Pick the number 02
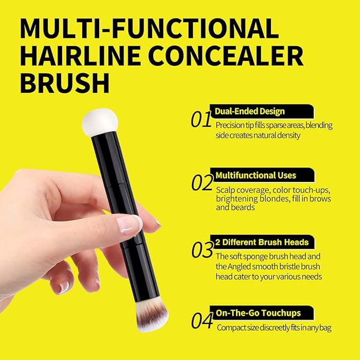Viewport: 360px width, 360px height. tap(202, 183)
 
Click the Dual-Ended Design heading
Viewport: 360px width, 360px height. tap(249, 111)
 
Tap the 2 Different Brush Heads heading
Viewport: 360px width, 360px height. tap(262, 242)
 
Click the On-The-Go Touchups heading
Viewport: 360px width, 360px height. tap(258, 312)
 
